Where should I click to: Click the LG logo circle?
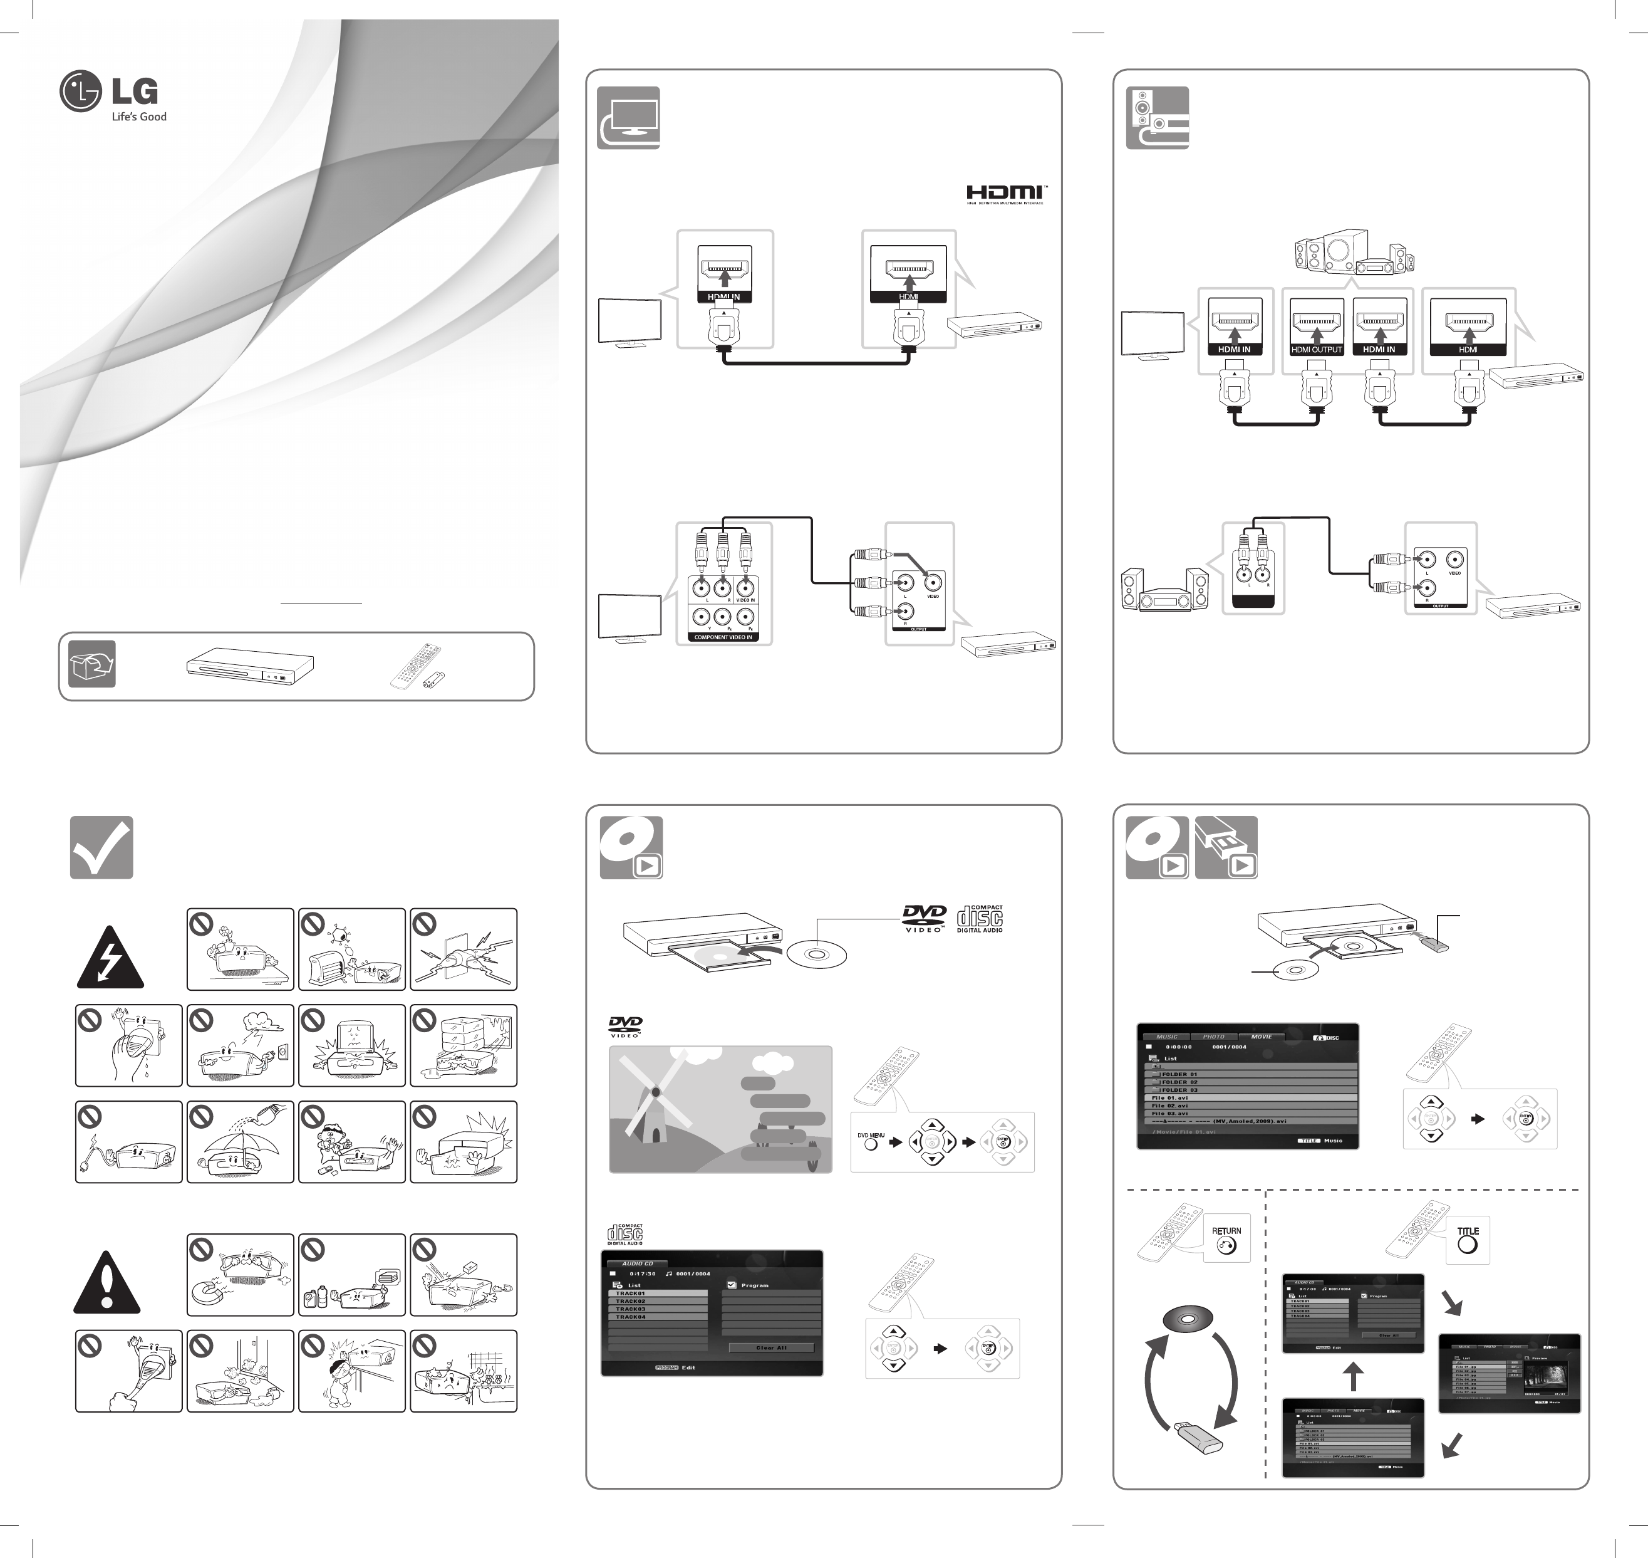click(x=81, y=91)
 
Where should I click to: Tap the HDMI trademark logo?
click(x=1005, y=194)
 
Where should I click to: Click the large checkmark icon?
click(x=101, y=848)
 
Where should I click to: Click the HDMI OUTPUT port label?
click(x=1317, y=350)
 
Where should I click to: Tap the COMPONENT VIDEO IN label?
click(x=722, y=637)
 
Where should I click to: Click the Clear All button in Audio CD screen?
click(x=771, y=1347)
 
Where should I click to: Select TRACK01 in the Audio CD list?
click(x=658, y=1293)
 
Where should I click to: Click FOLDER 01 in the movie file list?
click(x=1178, y=1074)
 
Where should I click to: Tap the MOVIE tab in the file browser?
click(x=1261, y=1037)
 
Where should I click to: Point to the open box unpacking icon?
click(x=91, y=664)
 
